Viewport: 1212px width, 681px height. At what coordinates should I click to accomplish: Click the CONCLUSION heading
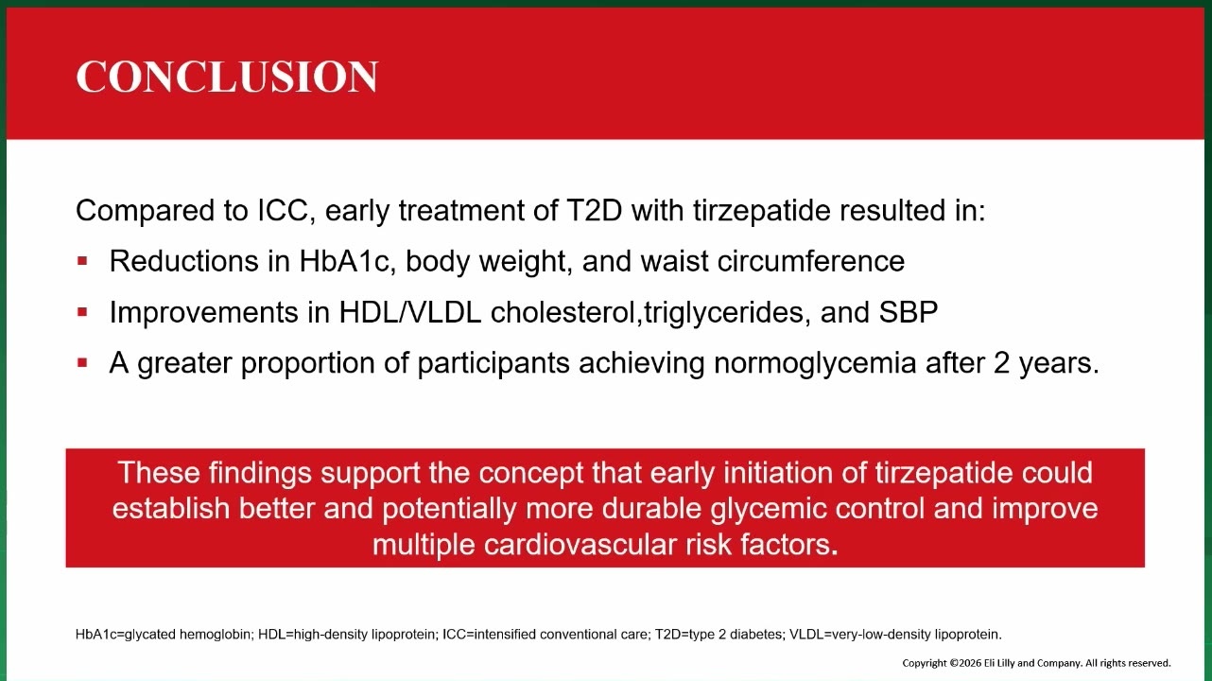click(x=227, y=77)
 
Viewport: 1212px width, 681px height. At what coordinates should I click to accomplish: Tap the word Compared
click(x=145, y=211)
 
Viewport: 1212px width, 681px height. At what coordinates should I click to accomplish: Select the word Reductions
click(x=183, y=261)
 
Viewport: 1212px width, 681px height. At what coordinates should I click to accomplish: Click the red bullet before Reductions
click(x=82, y=261)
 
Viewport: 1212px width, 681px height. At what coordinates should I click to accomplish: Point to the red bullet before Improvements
click(x=82, y=312)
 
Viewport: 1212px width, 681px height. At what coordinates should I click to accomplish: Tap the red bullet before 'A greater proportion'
click(x=82, y=362)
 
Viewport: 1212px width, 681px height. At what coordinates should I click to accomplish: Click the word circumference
click(x=810, y=261)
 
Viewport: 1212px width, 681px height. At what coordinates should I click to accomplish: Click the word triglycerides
click(x=723, y=313)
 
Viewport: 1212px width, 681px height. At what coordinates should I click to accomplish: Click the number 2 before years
click(x=1001, y=363)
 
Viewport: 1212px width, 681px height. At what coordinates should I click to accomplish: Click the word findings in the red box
click(x=260, y=474)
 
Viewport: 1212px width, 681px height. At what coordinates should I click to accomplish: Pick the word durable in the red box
click(x=651, y=508)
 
